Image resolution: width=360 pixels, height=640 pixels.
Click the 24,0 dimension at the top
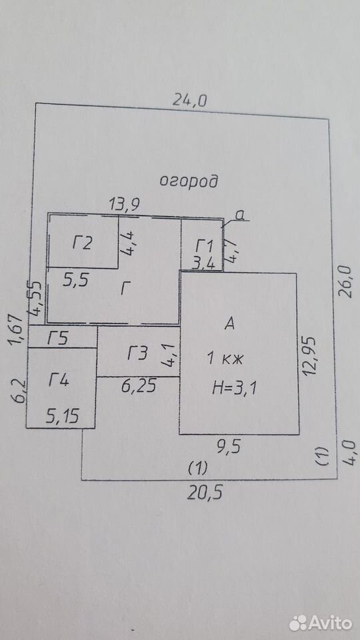(x=190, y=99)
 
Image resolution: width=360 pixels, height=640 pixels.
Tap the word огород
(x=188, y=181)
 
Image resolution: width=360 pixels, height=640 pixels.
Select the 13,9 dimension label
(x=125, y=205)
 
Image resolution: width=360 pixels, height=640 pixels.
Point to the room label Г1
(x=204, y=247)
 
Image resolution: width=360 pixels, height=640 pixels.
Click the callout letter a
(x=241, y=216)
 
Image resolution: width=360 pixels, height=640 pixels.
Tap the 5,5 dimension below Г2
(x=76, y=281)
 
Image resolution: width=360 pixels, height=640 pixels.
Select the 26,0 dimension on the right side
(x=345, y=281)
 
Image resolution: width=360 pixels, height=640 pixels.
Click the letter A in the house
(x=230, y=324)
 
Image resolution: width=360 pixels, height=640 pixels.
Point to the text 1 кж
(x=225, y=359)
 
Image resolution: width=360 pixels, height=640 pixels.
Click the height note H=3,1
(x=234, y=387)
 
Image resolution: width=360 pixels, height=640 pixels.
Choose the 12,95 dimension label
(x=309, y=355)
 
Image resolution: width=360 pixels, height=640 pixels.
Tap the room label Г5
(x=58, y=339)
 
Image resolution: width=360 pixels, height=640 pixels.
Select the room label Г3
(x=137, y=353)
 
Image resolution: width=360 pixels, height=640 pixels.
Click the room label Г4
(x=59, y=381)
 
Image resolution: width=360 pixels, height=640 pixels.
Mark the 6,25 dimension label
(x=139, y=386)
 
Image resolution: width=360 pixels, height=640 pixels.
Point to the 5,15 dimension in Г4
(x=63, y=417)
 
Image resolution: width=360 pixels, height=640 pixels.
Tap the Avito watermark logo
(x=321, y=623)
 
